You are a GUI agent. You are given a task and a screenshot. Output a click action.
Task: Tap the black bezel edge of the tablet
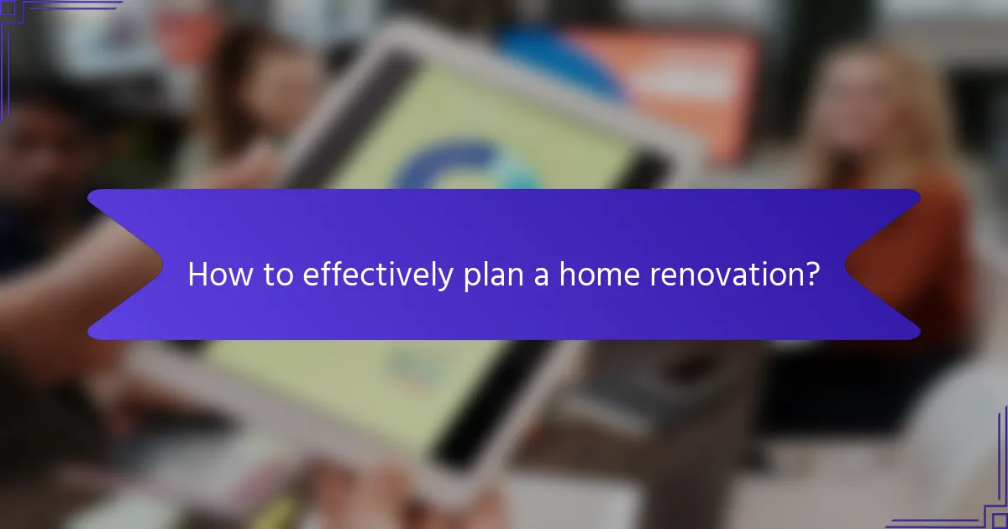click(470, 420)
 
